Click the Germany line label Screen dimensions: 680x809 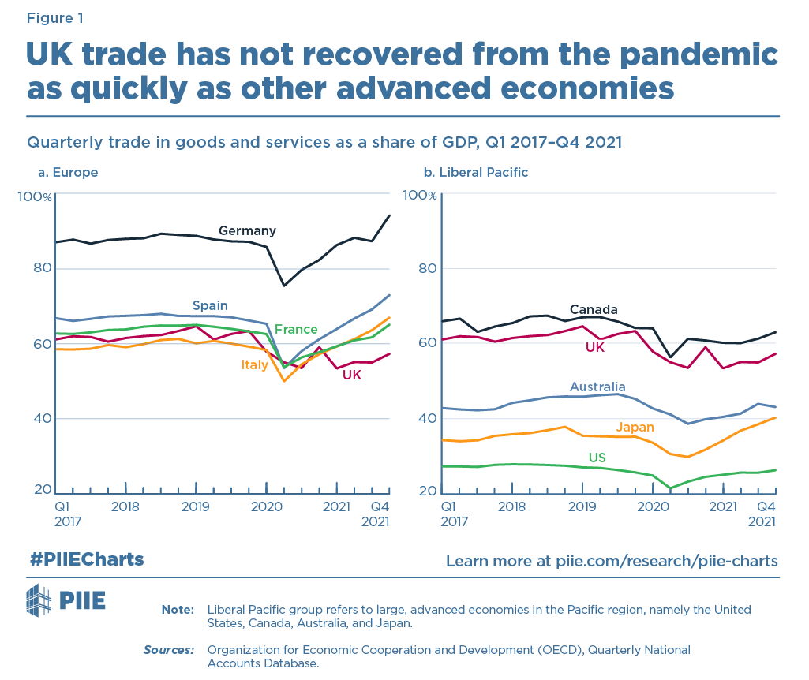pyautogui.click(x=247, y=231)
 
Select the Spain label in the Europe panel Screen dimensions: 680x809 pyautogui.click(x=210, y=305)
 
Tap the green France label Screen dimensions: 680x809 pyautogui.click(x=296, y=330)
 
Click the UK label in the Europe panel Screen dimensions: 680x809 pyautogui.click(x=352, y=375)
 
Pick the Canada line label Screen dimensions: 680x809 pyautogui.click(x=594, y=309)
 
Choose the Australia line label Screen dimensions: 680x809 pyautogui.click(x=598, y=387)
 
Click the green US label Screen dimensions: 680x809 pyautogui.click(x=597, y=458)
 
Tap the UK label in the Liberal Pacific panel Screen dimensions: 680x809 pyautogui.click(x=594, y=346)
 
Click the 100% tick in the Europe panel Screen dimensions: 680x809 pyautogui.click(x=32, y=195)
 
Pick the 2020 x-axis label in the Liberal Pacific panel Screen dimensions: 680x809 pyautogui.click(x=652, y=505)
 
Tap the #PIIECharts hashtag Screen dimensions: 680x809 pyautogui.click(x=87, y=559)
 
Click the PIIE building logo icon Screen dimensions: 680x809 pyautogui.click(x=40, y=600)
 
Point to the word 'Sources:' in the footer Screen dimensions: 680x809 pyautogui.click(x=168, y=650)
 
